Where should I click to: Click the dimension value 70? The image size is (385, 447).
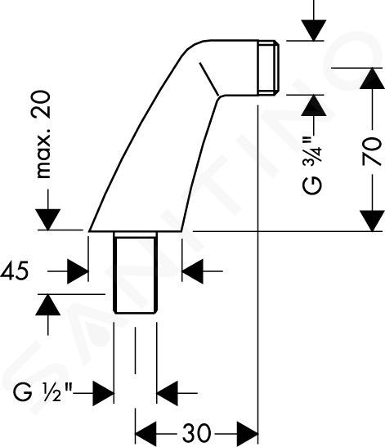point(372,152)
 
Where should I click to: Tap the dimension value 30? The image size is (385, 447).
point(196,434)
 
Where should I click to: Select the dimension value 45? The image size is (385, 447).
point(15,271)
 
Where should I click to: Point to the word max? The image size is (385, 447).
point(43,154)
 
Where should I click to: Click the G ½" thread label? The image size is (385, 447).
point(43,393)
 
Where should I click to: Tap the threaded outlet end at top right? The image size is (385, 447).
point(269,68)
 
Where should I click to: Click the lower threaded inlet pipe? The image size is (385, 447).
point(135,272)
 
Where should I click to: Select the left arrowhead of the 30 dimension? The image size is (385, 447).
point(145,434)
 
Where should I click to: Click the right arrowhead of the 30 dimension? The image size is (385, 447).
point(248,434)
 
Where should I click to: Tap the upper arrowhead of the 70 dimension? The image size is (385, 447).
point(372,78)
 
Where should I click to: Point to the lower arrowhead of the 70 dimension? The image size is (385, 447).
point(372,221)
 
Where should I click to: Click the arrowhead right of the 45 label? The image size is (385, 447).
point(78,271)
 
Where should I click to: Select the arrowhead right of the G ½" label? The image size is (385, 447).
point(103,393)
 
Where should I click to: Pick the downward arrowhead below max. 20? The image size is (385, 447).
point(48,219)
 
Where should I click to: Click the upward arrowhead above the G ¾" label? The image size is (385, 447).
point(314,105)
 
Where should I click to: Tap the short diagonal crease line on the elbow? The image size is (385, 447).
point(209,78)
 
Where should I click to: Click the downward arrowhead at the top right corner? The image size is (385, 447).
point(314,30)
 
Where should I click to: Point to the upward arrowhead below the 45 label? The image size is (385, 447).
point(48,305)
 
